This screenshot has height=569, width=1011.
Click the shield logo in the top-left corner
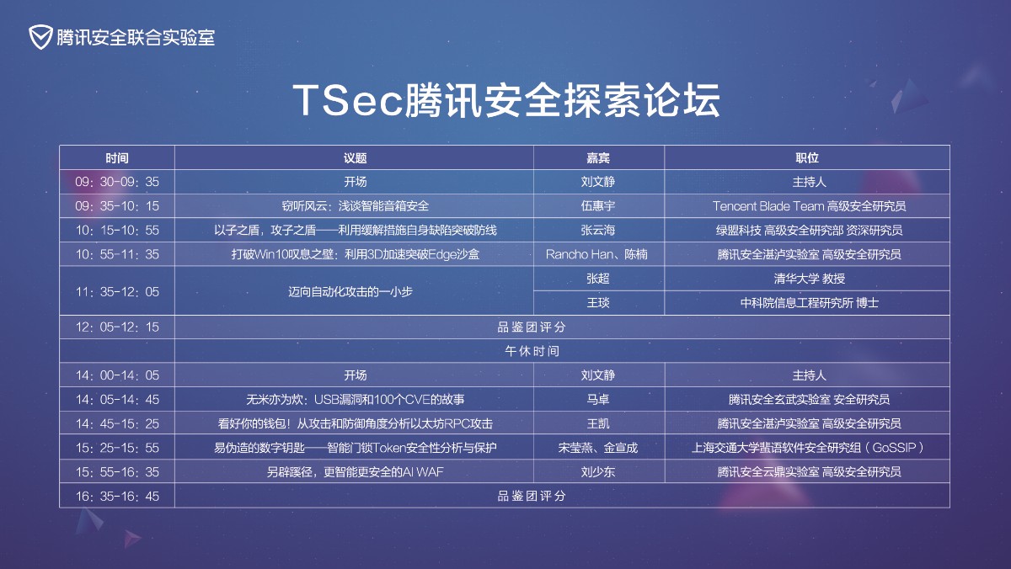pyautogui.click(x=40, y=37)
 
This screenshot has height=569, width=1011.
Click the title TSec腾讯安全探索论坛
pyautogui.click(x=506, y=100)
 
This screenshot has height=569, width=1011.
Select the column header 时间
pyautogui.click(x=117, y=158)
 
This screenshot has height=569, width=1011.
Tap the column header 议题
pyautogui.click(x=355, y=158)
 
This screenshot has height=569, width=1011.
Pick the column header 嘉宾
pyautogui.click(x=598, y=158)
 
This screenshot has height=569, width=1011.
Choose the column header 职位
pyautogui.click(x=807, y=158)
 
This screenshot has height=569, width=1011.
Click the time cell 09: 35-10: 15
pyautogui.click(x=117, y=206)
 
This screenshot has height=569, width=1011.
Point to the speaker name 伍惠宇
pyautogui.click(x=598, y=206)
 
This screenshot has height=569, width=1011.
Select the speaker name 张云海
pyautogui.click(x=598, y=231)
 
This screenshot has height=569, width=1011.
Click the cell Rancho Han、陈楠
pyautogui.click(x=596, y=254)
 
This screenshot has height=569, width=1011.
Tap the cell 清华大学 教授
pyautogui.click(x=810, y=279)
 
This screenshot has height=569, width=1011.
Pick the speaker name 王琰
pyautogui.click(x=598, y=302)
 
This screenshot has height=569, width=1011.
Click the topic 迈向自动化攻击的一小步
pyautogui.click(x=350, y=292)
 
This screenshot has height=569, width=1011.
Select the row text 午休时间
pyautogui.click(x=532, y=351)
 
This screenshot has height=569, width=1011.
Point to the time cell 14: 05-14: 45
pyautogui.click(x=117, y=400)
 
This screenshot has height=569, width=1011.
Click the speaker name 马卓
pyautogui.click(x=598, y=400)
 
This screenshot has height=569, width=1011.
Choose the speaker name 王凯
pyautogui.click(x=598, y=424)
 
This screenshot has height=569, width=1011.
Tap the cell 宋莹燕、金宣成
pyautogui.click(x=598, y=448)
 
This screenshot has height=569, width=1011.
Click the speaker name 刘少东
pyautogui.click(x=598, y=472)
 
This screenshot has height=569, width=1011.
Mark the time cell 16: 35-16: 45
pyautogui.click(x=117, y=497)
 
